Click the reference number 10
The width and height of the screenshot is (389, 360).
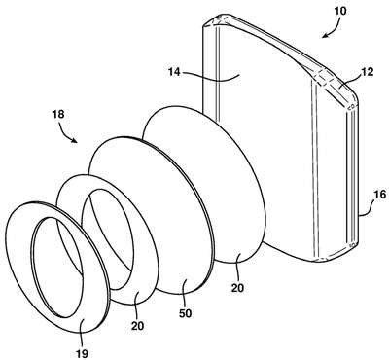[339, 12]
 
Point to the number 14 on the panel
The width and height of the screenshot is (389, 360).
[174, 72]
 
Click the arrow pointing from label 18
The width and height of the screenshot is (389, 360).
[67, 133]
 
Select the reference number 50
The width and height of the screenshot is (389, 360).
[186, 313]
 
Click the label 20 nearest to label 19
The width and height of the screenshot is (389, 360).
[137, 325]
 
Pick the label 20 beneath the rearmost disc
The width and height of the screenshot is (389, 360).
[237, 288]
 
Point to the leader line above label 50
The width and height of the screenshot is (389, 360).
[186, 293]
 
